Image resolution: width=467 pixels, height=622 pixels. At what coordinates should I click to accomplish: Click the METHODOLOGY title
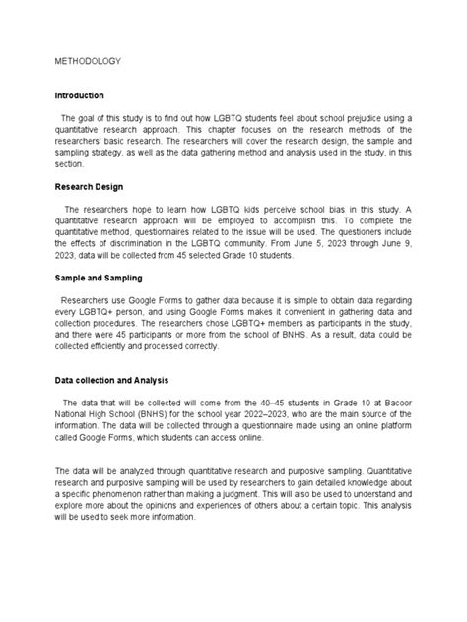88,61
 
